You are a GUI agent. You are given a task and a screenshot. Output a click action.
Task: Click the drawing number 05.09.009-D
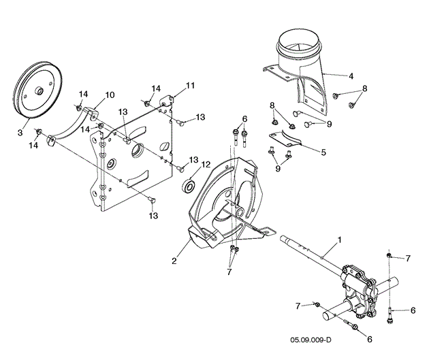click(x=311, y=339)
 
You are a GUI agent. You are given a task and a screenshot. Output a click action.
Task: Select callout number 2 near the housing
click(x=174, y=260)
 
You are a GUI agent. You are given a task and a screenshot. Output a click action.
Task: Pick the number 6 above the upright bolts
click(x=244, y=119)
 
